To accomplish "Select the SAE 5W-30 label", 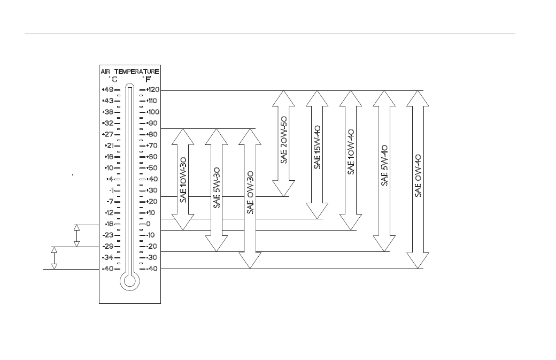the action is pos(217,188).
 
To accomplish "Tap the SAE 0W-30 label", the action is pos(250,193).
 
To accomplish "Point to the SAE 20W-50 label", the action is pos(284,140).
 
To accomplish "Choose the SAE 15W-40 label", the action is pos(318,147).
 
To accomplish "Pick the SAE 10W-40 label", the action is pos(351,151).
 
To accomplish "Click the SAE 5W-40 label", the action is pos(384,165).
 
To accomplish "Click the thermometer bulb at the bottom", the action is pos(130,281).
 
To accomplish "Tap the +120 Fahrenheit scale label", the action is pos(153,90).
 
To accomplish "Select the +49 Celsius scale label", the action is pos(108,89).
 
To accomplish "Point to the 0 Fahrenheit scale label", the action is pos(148,224).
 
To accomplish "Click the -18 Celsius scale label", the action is pos(109,224).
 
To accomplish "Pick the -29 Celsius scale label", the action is pos(108,246).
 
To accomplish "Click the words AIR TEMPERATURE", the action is pos(130,71).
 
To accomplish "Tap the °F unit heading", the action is pos(146,79).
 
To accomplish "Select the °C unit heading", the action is pos(113,79).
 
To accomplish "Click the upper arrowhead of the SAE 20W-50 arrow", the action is pos(284,98).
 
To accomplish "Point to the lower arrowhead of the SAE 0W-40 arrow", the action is pos(418,261).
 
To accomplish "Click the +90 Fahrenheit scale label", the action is pos(152,123).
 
